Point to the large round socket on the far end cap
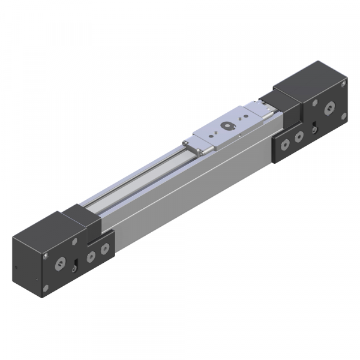coord(329,109)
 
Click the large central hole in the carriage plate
coord(227,127)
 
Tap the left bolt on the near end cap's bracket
coord(91,256)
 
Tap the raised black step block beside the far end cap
coord(285,99)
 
